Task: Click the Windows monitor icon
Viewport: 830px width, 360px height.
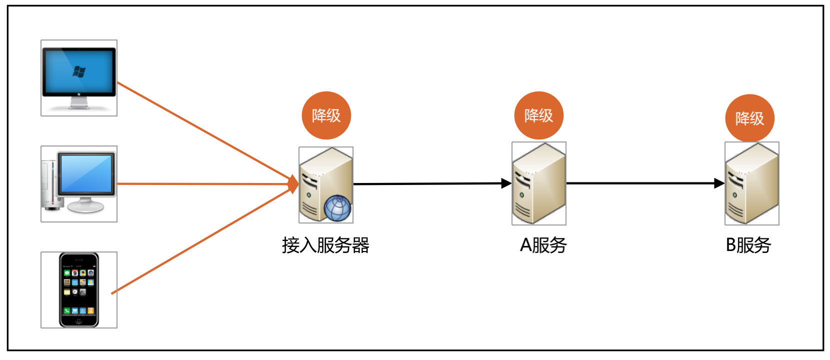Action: (x=79, y=78)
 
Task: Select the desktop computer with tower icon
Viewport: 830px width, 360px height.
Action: (x=79, y=184)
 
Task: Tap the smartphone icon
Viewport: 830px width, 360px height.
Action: (x=79, y=290)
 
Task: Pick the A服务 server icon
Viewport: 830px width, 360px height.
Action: (x=539, y=183)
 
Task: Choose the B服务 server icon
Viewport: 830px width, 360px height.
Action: (x=752, y=183)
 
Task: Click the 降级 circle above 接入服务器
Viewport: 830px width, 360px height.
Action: (x=326, y=115)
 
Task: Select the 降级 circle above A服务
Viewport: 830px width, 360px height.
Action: (x=539, y=115)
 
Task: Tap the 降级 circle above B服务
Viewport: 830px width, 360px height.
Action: (x=750, y=118)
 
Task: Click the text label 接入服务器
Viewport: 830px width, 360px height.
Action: (x=325, y=245)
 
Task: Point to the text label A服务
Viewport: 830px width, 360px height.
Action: (x=543, y=245)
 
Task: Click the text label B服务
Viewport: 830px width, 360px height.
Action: (x=748, y=245)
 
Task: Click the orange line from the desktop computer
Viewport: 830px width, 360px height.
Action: (x=200, y=184)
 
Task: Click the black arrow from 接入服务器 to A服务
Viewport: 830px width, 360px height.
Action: (x=430, y=184)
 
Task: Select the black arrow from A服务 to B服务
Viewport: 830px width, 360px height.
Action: (x=645, y=183)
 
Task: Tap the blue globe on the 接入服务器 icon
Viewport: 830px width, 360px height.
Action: (x=337, y=208)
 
